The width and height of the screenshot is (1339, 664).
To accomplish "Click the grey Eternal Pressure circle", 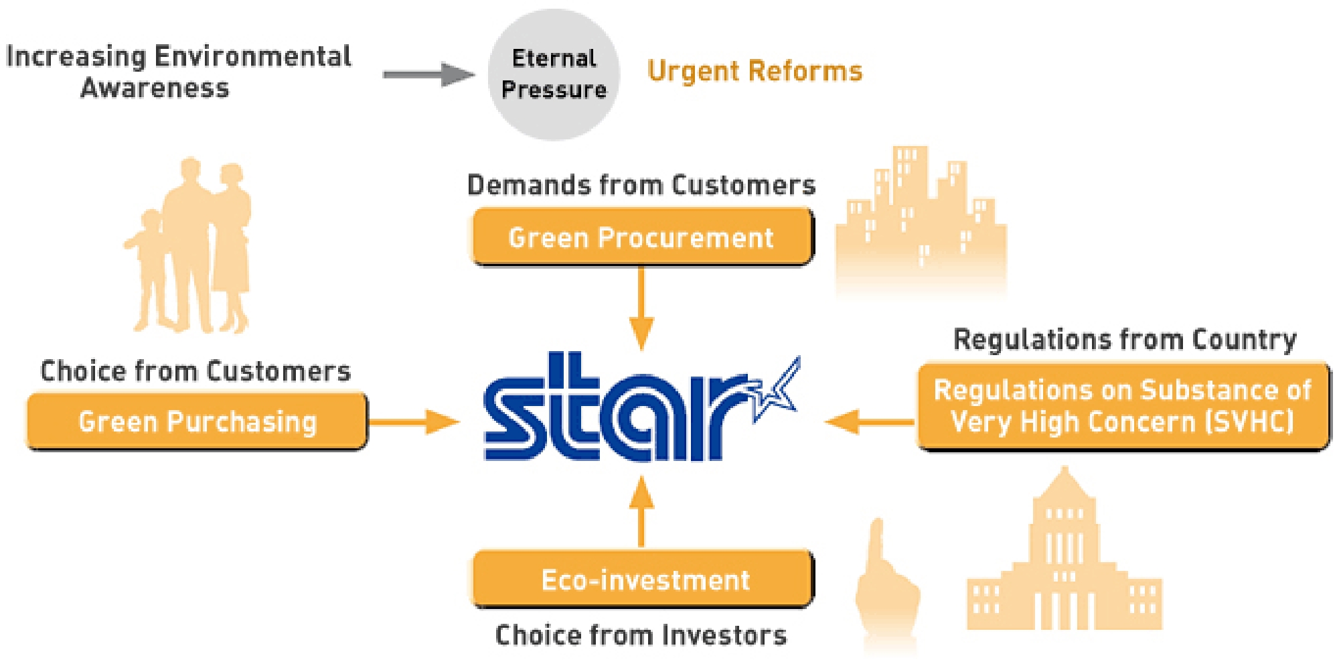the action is (x=554, y=74).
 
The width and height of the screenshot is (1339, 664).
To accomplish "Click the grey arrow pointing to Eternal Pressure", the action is (x=429, y=74).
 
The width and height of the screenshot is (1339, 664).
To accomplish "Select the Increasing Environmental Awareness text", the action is (x=178, y=72).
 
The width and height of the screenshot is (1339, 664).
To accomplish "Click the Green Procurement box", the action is (x=643, y=237).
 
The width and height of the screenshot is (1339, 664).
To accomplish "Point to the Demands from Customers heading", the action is (x=641, y=184).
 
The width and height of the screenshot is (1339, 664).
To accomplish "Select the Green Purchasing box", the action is (x=198, y=421).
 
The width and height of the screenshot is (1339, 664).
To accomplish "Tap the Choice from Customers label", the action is (x=195, y=371).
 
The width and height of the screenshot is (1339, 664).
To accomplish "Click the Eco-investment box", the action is (x=643, y=580).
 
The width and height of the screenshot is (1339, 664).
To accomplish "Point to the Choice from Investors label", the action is (x=641, y=635).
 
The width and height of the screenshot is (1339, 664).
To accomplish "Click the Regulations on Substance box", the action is (x=1123, y=407).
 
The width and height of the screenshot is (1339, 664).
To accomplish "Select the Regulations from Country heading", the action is (x=1125, y=340).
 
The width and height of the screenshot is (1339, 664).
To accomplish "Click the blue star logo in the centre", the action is (x=641, y=407).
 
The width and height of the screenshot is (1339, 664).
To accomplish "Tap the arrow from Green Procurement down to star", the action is (x=641, y=308).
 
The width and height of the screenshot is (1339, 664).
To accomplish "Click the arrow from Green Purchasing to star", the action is (x=414, y=422).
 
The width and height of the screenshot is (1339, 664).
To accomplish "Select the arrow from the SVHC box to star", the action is (x=870, y=422).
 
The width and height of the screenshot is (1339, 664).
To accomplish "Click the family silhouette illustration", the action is (x=189, y=246).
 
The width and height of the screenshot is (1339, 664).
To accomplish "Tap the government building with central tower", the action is (x=1065, y=549).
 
